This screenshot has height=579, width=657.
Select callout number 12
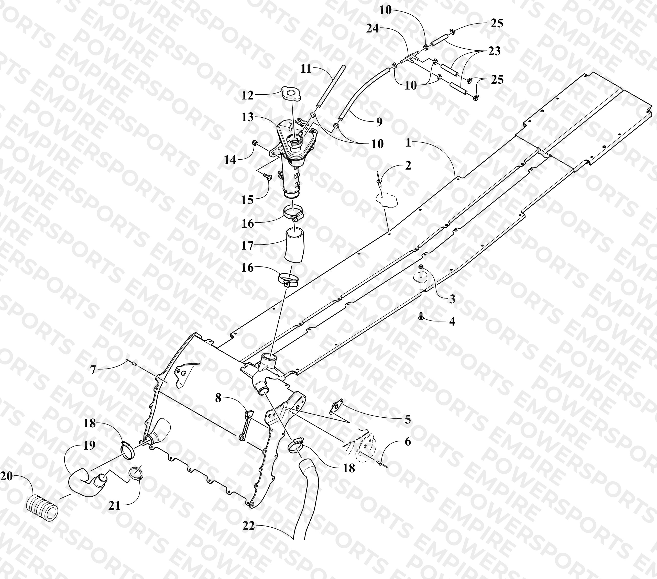pyautogui.click(x=247, y=95)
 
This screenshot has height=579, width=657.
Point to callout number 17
pyautogui.click(x=247, y=246)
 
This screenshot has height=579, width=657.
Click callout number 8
pyautogui.click(x=218, y=398)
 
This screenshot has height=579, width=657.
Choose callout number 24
pyautogui.click(x=373, y=29)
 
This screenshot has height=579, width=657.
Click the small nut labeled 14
pyautogui.click(x=255, y=142)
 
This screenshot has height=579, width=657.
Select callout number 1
pyautogui.click(x=408, y=143)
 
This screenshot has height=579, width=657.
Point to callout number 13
pyautogui.click(x=247, y=117)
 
